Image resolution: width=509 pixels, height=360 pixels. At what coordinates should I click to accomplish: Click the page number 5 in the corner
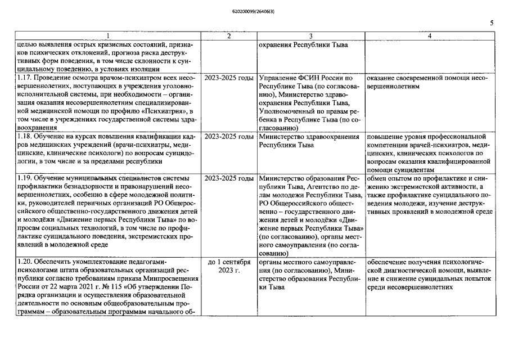(492, 23)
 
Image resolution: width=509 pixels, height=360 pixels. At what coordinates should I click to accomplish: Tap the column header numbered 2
(228, 36)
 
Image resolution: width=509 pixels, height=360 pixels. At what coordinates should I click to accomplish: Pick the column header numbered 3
(310, 36)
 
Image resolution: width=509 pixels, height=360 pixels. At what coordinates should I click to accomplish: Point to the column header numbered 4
(430, 36)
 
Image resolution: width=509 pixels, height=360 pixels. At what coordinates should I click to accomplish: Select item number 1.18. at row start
(26, 137)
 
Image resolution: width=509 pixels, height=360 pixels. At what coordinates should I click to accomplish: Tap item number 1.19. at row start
(26, 178)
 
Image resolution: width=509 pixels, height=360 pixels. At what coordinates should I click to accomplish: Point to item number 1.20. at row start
(26, 262)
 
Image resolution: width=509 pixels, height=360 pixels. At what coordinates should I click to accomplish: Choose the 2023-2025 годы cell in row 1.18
(228, 137)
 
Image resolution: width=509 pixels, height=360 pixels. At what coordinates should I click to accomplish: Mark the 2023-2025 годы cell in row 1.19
(228, 178)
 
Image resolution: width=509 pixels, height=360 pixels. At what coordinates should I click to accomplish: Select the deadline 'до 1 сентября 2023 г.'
(228, 267)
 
